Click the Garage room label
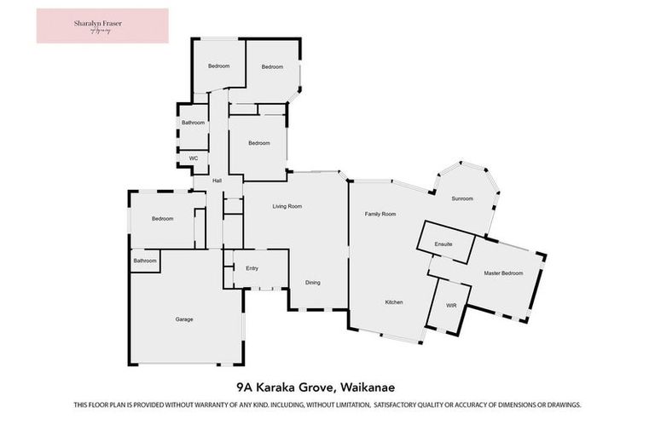click(x=184, y=319)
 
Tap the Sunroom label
click(x=462, y=198)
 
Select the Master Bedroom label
click(x=503, y=272)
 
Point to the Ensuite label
click(x=444, y=244)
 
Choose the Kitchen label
click(x=393, y=302)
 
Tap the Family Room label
click(x=380, y=214)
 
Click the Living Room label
click(x=287, y=206)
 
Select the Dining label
click(x=313, y=283)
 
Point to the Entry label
click(x=252, y=268)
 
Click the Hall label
click(x=217, y=181)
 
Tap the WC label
click(x=194, y=158)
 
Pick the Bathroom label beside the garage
click(x=145, y=261)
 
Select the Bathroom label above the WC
click(x=194, y=123)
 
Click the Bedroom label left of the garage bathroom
click(x=163, y=219)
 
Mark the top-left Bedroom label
click(x=219, y=66)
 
